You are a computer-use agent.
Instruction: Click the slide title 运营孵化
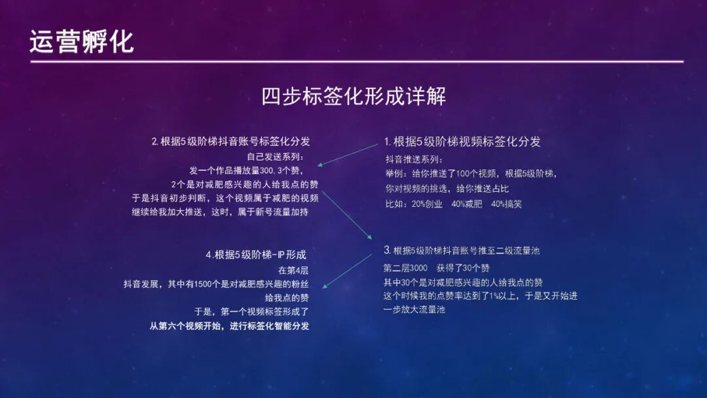[82, 41]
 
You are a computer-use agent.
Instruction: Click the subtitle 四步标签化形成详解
[353, 96]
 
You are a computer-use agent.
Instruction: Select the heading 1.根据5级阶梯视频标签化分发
[462, 141]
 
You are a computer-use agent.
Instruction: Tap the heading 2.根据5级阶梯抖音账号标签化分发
[230, 141]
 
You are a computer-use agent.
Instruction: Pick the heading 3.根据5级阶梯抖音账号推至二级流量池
[462, 251]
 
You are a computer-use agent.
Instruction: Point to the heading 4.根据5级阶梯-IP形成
[255, 255]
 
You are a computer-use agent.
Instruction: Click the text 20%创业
[428, 204]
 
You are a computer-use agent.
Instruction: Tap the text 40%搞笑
[506, 204]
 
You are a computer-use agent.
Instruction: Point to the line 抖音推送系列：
[414, 160]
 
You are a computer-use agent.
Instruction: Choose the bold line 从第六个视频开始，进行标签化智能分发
[229, 326]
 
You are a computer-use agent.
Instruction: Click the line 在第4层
[292, 270]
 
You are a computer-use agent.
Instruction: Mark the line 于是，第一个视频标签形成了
[252, 312]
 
